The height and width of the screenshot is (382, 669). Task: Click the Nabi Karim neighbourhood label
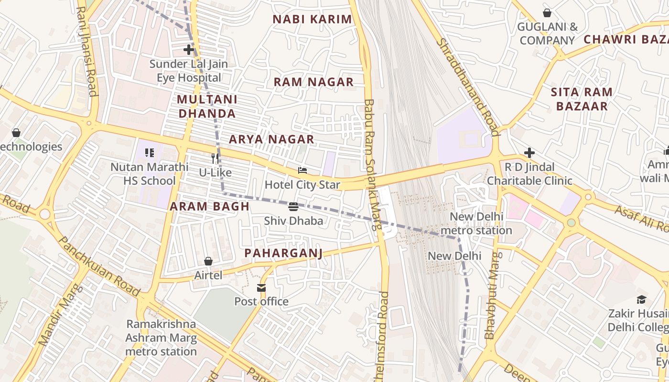click(x=312, y=20)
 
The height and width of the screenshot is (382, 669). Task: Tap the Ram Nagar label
click(x=313, y=82)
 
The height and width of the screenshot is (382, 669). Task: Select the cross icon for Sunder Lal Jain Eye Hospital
click(x=189, y=50)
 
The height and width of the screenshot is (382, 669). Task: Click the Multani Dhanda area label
click(x=207, y=106)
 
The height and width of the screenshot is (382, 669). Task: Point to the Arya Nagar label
click(x=271, y=139)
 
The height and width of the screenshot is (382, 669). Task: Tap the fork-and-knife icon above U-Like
click(x=215, y=158)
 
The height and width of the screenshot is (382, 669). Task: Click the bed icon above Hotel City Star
click(x=302, y=170)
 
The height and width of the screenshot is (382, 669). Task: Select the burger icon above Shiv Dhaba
click(x=293, y=207)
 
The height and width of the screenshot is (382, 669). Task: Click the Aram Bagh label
click(x=210, y=207)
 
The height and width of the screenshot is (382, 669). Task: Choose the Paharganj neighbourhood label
click(x=283, y=253)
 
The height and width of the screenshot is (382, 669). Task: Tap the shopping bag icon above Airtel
click(x=208, y=261)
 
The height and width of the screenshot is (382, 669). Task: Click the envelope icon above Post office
click(x=261, y=287)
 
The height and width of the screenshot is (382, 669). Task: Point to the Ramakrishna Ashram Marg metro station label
click(x=161, y=338)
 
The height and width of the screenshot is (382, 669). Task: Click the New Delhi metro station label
click(x=476, y=223)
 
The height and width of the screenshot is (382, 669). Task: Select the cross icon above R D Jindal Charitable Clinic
click(x=529, y=153)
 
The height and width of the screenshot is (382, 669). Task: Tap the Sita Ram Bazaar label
click(x=582, y=99)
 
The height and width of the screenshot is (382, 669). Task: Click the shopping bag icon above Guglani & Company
click(x=547, y=13)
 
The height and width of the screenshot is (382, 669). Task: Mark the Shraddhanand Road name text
click(x=468, y=87)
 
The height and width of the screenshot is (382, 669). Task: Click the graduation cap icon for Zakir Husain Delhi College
click(x=641, y=299)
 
